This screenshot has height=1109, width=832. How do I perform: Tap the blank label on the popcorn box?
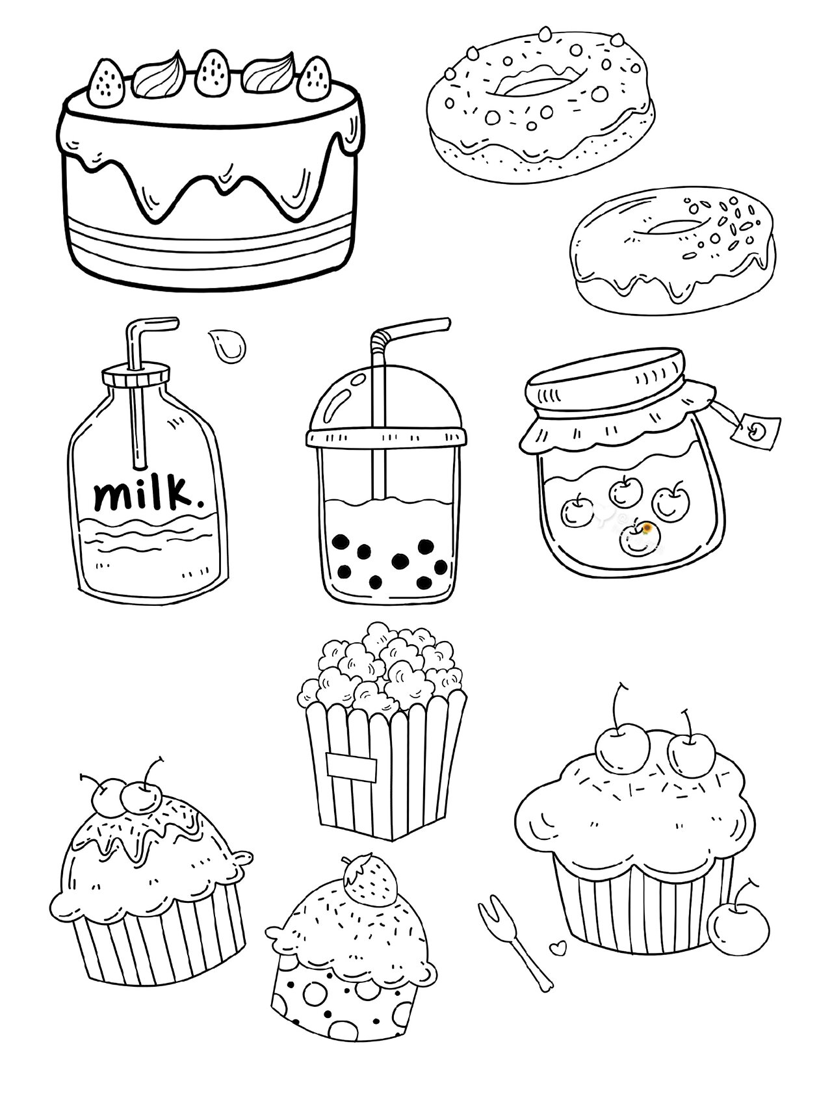351,766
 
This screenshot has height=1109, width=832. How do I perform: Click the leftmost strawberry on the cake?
107,83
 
